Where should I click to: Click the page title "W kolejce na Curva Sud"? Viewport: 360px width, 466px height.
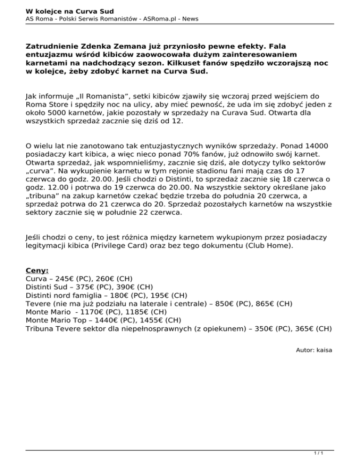pyautogui.click(x=63, y=11)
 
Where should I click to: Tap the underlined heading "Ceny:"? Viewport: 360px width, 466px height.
pyautogui.click(x=38, y=271)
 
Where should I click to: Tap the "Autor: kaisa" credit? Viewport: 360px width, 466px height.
pyautogui.click(x=314, y=350)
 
